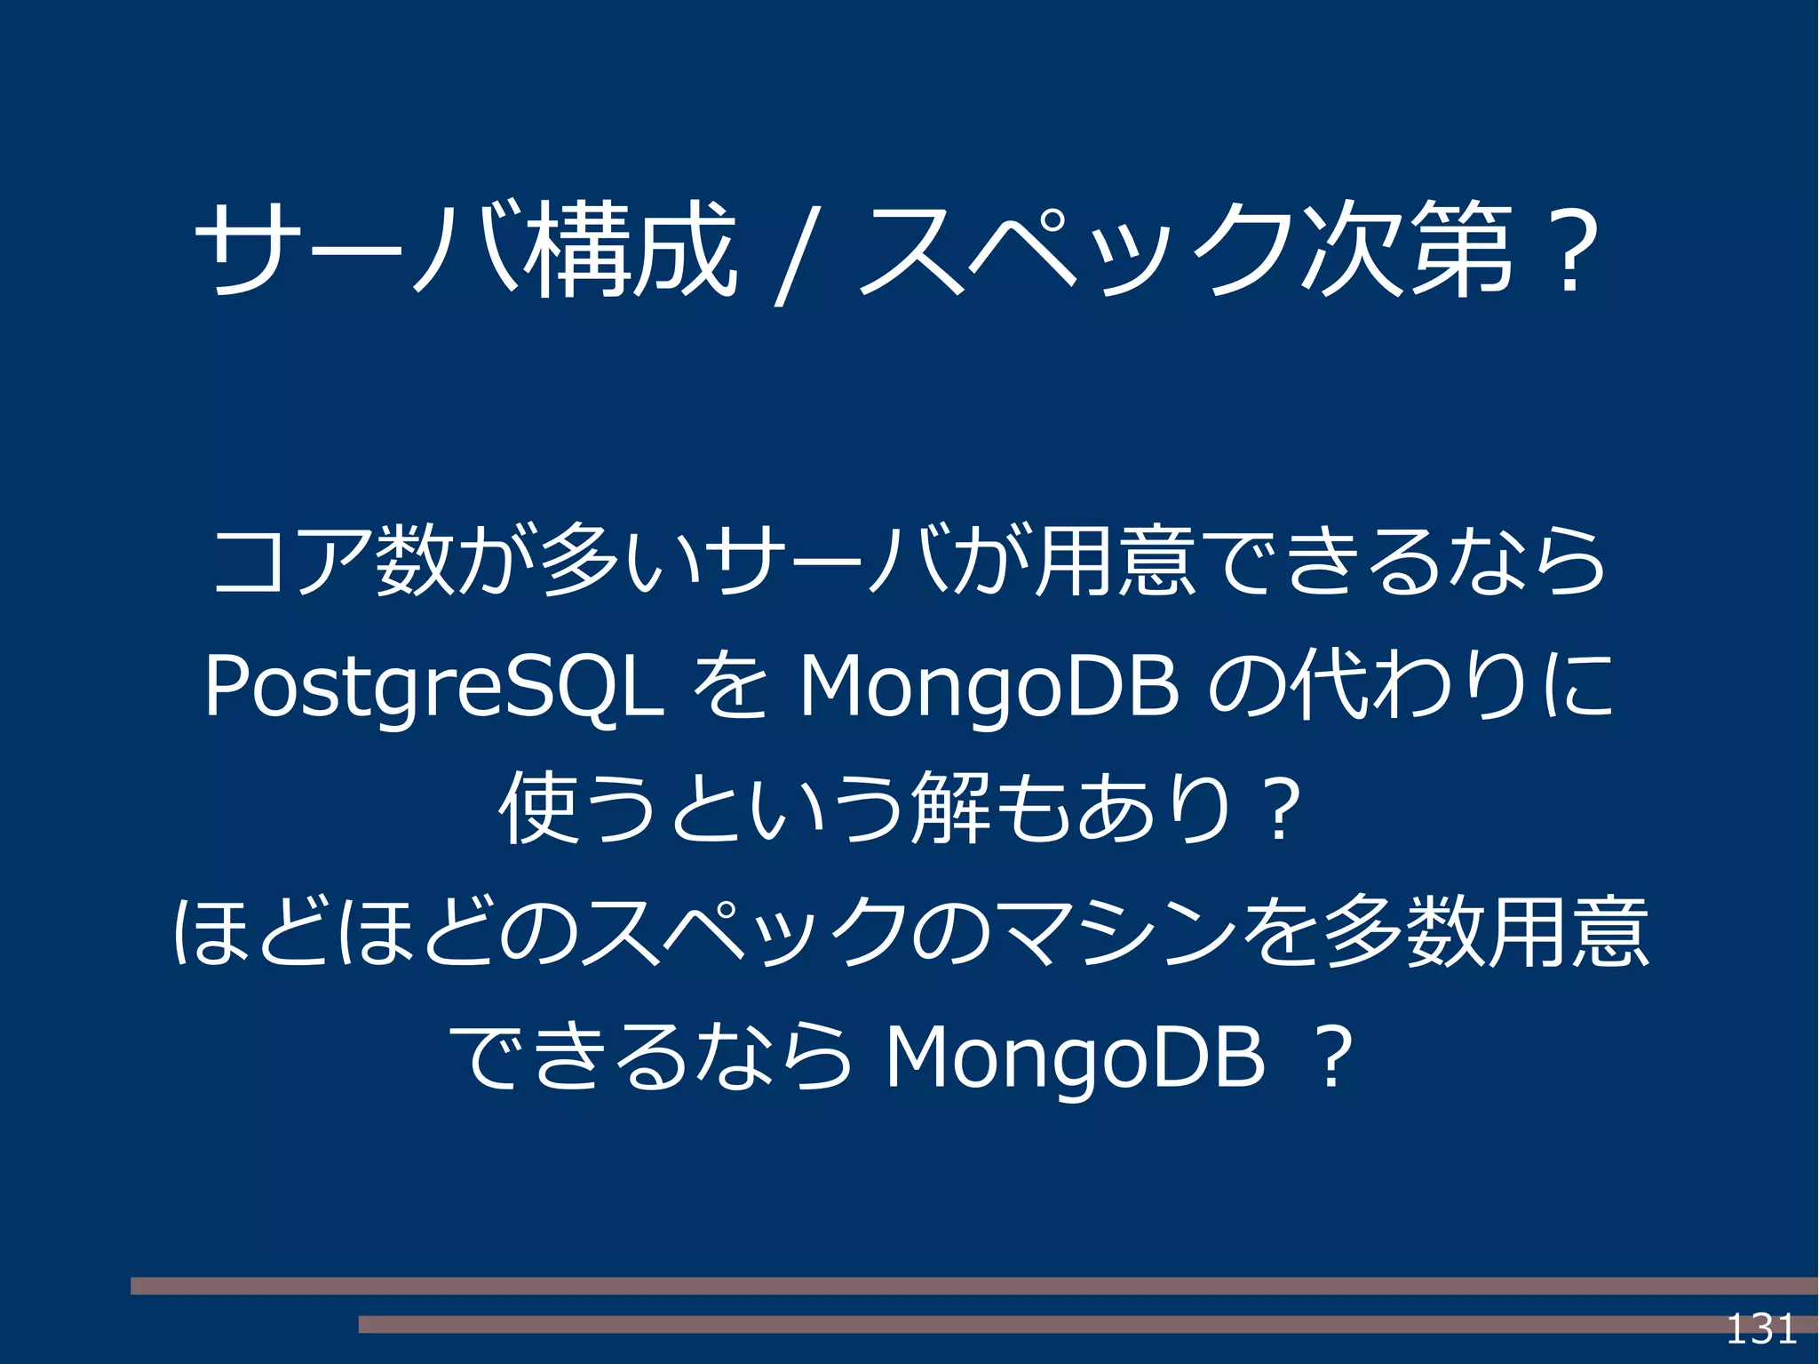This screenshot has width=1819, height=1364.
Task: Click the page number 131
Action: (1760, 1329)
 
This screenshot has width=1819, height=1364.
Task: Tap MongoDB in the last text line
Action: (1075, 1058)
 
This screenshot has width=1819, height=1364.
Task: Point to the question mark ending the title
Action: (1570, 252)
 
